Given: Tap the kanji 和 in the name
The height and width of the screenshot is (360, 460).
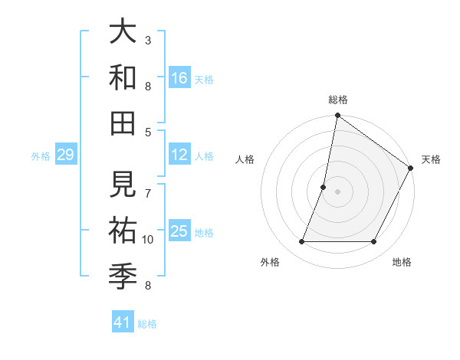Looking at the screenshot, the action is pyautogui.click(x=123, y=77).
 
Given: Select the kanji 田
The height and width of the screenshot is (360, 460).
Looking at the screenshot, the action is pyautogui.click(x=123, y=123).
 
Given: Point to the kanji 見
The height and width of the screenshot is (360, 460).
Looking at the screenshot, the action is pyautogui.click(x=123, y=184).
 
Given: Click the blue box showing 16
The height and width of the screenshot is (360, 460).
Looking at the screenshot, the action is pyautogui.click(x=179, y=77).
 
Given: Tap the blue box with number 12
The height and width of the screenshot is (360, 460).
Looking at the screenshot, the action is pyautogui.click(x=179, y=155).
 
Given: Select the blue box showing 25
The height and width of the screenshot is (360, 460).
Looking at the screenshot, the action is pyautogui.click(x=179, y=231).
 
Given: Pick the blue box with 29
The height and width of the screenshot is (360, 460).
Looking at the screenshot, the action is pyautogui.click(x=65, y=155).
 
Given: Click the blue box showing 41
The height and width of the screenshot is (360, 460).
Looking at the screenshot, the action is pyautogui.click(x=123, y=322).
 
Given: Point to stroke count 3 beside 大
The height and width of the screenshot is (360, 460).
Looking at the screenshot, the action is pyautogui.click(x=148, y=40).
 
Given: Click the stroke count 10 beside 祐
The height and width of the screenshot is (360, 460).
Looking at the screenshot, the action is pyautogui.click(x=148, y=240).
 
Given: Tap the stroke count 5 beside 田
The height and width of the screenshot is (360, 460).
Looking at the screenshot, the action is pyautogui.click(x=148, y=132).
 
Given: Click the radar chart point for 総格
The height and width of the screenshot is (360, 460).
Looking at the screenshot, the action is pyautogui.click(x=337, y=116).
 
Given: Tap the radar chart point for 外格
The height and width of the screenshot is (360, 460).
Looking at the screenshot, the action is pyautogui.click(x=301, y=242).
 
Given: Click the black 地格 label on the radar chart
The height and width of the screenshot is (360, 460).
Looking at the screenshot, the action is pyautogui.click(x=402, y=263).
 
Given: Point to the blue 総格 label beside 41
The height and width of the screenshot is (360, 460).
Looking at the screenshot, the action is pyautogui.click(x=147, y=324).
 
